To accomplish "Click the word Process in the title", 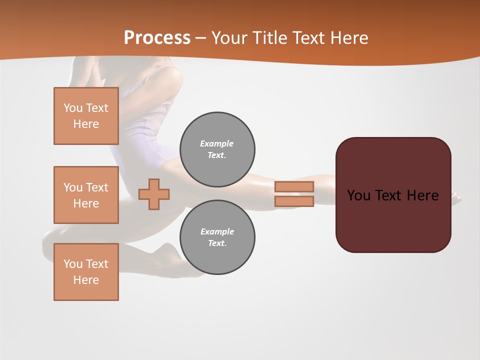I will (x=157, y=38).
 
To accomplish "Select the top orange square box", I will (x=86, y=116).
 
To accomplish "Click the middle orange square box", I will (x=86, y=195).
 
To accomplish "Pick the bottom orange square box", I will (x=86, y=272).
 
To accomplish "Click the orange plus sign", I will (x=154, y=194).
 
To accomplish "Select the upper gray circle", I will (x=217, y=149).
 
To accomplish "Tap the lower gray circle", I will (x=217, y=237).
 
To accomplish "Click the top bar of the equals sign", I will (x=294, y=186).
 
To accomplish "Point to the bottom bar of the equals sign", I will (x=294, y=201).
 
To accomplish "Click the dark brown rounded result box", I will (x=393, y=220).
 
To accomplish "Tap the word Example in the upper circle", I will (x=217, y=143).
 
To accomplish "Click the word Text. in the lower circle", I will (x=217, y=243).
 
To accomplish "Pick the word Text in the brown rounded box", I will (x=389, y=195).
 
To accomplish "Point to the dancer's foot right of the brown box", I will (x=456, y=198).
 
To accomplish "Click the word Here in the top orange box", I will (x=86, y=124).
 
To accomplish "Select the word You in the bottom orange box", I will (x=73, y=264).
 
